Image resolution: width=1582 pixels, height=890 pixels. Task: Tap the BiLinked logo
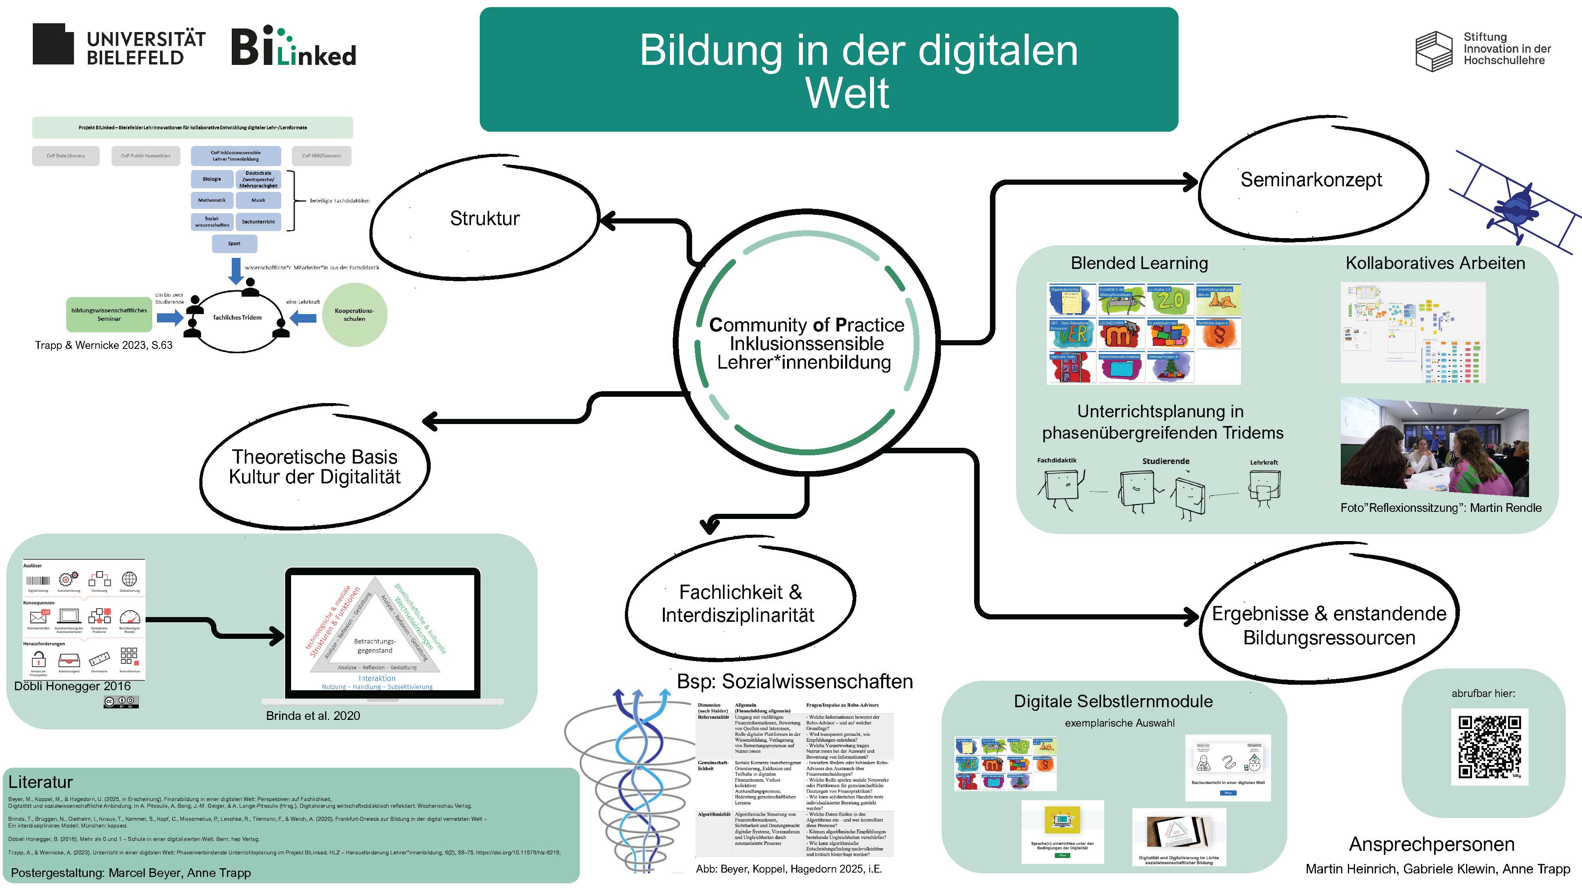coord(293,47)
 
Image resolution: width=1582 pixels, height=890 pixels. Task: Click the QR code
coord(1489,746)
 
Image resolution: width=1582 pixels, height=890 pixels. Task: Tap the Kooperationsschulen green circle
coord(354,314)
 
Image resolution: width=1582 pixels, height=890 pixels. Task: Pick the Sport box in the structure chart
coord(234,244)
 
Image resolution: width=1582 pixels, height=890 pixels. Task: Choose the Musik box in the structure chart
coord(258,200)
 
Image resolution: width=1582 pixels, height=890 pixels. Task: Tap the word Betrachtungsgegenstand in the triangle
coord(375,646)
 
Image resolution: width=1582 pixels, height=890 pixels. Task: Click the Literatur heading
coord(40,782)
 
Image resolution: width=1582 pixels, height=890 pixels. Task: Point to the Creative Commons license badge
coord(121,701)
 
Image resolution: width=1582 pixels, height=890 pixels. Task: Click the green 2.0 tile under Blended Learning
coord(1169,300)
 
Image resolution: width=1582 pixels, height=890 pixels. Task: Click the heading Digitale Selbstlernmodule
coord(1113,701)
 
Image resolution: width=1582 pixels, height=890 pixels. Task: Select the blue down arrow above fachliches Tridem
coord(235,270)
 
